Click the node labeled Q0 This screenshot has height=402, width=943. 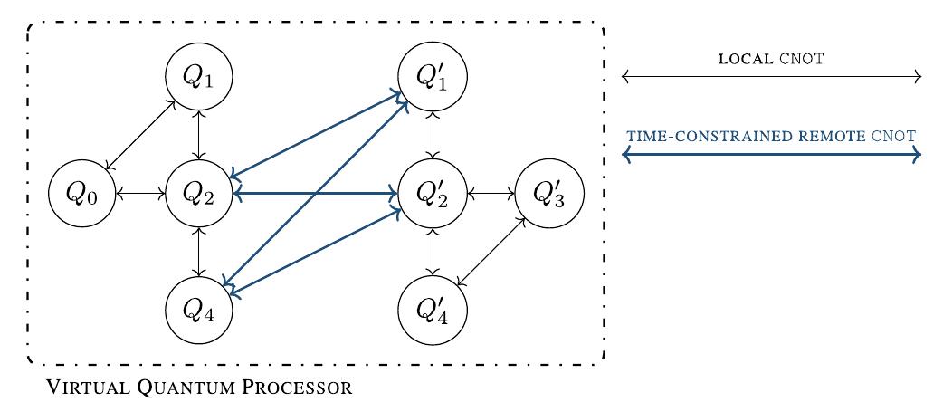[x=82, y=194]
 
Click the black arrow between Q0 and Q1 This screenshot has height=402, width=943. [x=140, y=136]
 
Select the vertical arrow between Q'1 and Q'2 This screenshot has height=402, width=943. [x=435, y=136]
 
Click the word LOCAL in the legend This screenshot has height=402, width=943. [x=745, y=60]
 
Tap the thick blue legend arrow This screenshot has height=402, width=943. [x=771, y=156]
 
